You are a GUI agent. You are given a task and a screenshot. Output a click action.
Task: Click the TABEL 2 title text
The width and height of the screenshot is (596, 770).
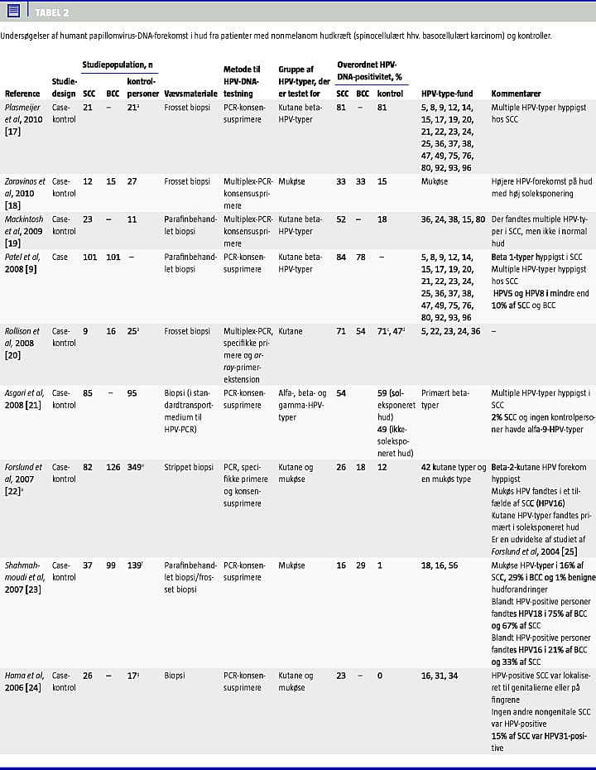[52, 12]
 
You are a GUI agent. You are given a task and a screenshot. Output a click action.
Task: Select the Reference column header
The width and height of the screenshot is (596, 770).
[22, 94]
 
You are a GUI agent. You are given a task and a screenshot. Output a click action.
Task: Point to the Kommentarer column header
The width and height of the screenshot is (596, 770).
[517, 94]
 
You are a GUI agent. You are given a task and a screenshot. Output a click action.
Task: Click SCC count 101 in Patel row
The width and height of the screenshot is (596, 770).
[90, 257]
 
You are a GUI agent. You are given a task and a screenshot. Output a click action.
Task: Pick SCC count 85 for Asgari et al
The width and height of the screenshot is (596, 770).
[88, 393]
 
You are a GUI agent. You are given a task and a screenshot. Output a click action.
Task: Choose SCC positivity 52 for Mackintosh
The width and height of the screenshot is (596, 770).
[341, 219]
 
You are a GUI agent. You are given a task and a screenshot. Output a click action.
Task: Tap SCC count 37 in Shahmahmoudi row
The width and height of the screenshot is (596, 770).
[88, 565]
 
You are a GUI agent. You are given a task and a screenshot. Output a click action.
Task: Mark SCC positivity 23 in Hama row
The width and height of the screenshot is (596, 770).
[341, 676]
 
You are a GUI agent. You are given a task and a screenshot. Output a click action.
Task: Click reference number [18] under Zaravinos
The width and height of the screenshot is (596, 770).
[13, 205]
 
